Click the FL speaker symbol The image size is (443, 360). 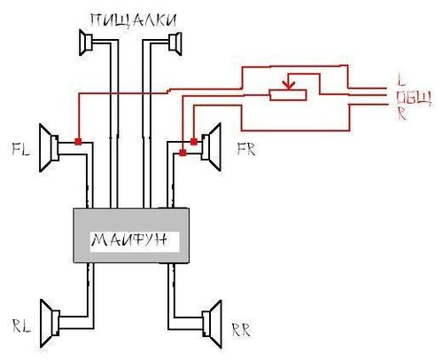tap(49, 148)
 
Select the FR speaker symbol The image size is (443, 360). tap(212, 147)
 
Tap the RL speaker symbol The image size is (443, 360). tap(50, 324)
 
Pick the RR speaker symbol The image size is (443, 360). tap(212, 324)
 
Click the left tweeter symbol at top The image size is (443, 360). tap(86, 43)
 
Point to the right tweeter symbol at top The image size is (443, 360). tap(175, 43)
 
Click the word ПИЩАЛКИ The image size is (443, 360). tap(133, 20)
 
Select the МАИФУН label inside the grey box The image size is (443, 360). tap(129, 240)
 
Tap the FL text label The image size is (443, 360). tap(20, 149)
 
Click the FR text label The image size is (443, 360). tap(246, 149)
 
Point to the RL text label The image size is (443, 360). tap(21, 325)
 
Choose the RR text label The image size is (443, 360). tap(241, 330)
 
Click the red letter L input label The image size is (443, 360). tap(400, 79)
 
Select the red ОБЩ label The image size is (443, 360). tap(414, 98)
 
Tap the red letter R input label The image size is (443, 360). tap(401, 113)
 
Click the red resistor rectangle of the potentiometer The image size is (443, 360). tap(288, 95)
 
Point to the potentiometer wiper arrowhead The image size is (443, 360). tap(288, 85)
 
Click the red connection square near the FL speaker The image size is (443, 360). tap(78, 142)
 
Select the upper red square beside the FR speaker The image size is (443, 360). tap(194, 142)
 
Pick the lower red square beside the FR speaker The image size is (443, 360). tap(183, 153)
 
